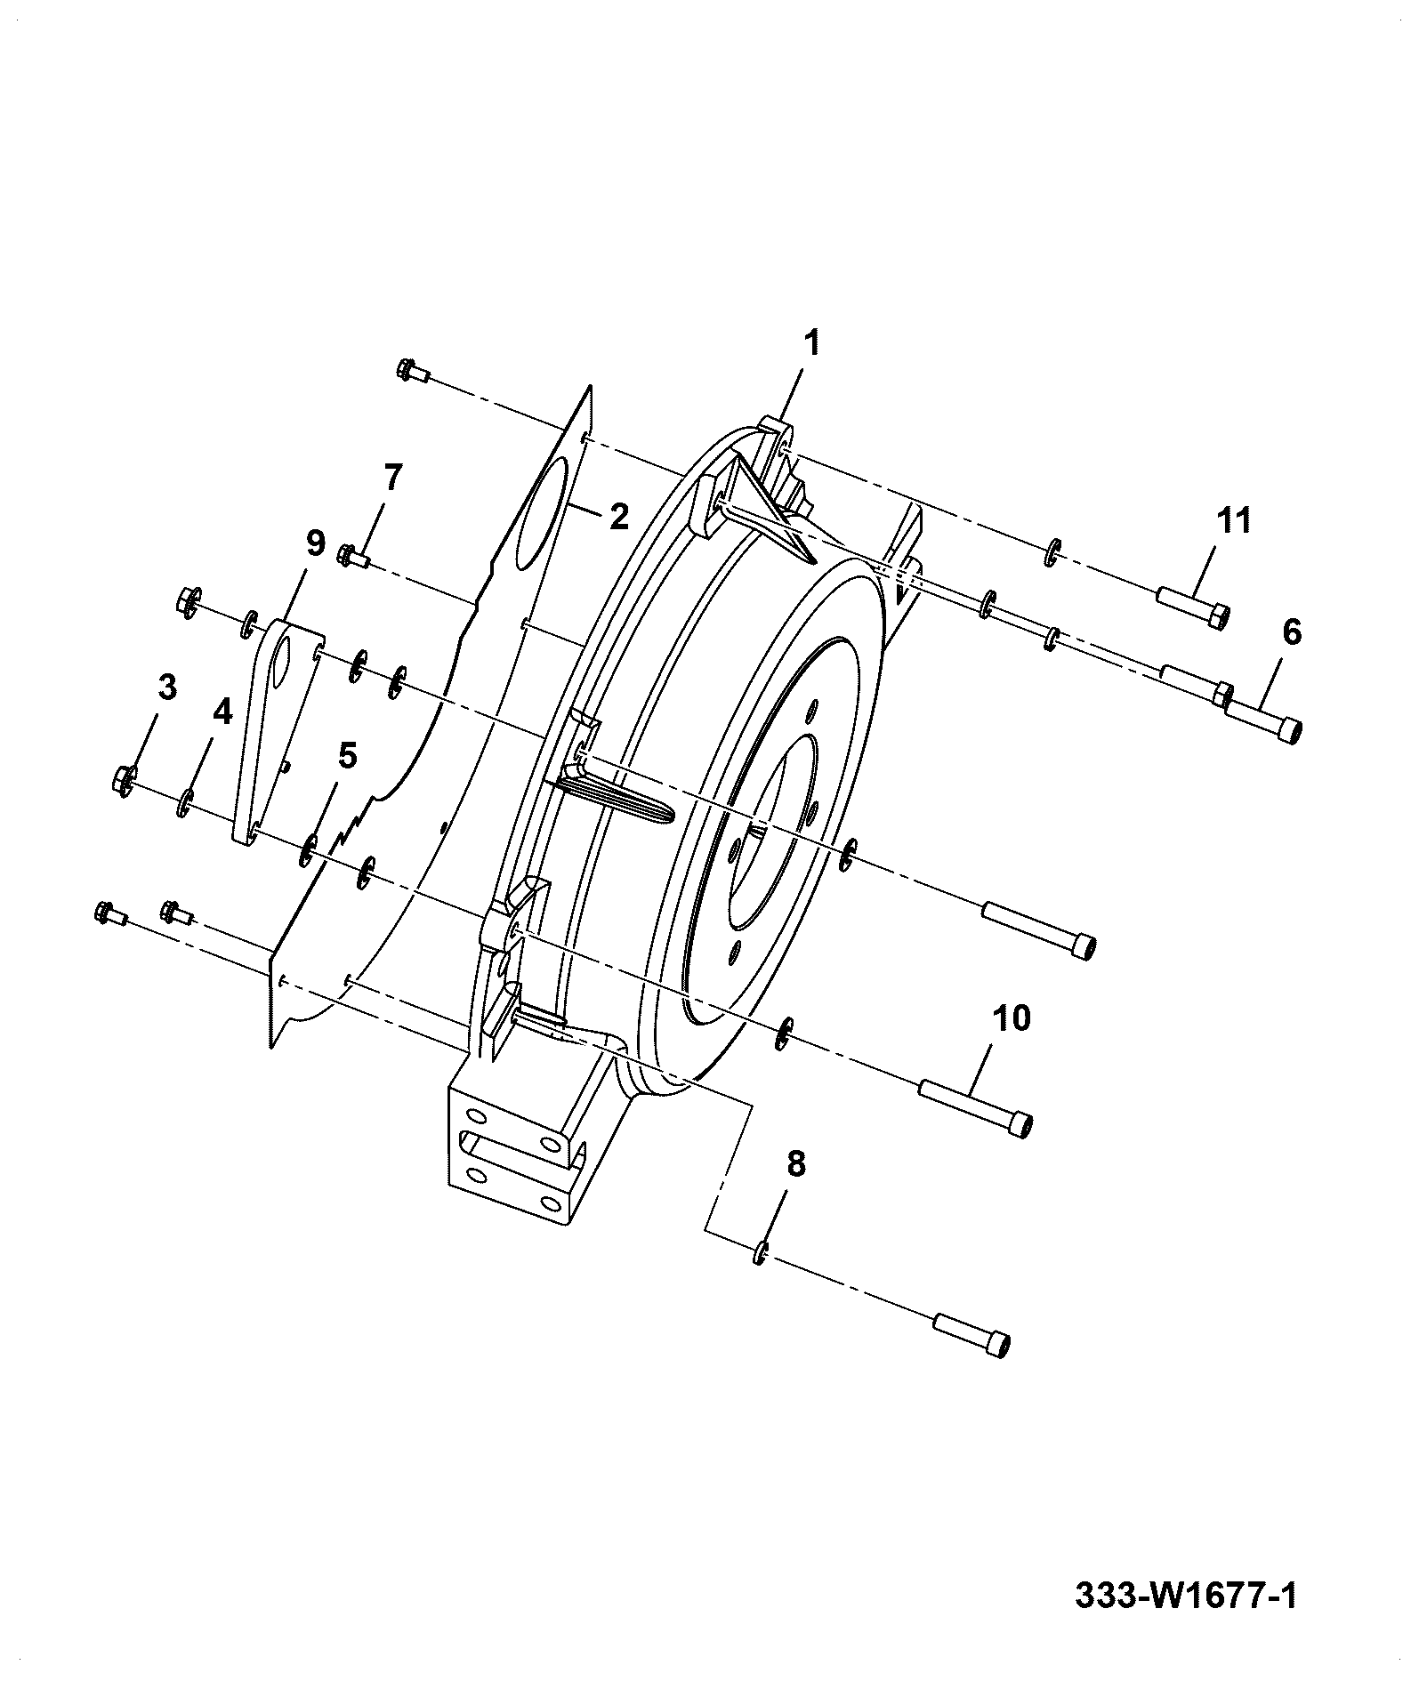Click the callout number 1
point(811,343)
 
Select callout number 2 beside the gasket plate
point(619,516)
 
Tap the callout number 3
point(166,687)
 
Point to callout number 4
point(221,712)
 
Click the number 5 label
point(347,756)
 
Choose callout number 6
point(1292,632)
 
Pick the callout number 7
point(393,478)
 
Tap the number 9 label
point(315,543)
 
